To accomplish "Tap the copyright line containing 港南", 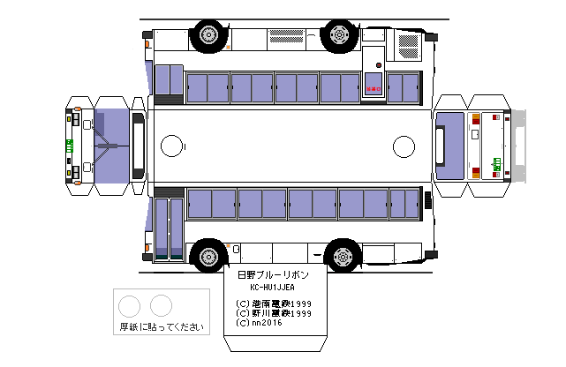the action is [275, 303].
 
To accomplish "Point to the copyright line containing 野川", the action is [275, 313].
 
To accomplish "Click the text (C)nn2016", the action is [260, 324].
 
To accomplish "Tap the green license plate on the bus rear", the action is [496, 162].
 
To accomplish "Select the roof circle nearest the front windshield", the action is [172, 144].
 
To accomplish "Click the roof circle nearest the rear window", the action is [404, 144].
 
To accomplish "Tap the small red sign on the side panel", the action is [374, 89].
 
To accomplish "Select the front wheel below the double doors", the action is [208, 257].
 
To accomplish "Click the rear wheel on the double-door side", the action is [340, 257].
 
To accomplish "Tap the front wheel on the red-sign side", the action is [208, 35].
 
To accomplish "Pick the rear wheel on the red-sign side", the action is [340, 35].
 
